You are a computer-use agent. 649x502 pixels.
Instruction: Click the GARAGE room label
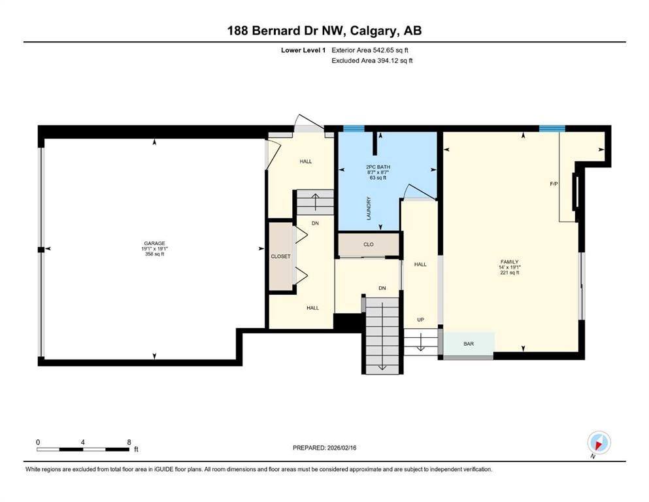pyautogui.click(x=155, y=243)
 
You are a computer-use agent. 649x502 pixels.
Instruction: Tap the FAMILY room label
pyautogui.click(x=509, y=261)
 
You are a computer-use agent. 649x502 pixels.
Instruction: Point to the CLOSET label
pyautogui.click(x=280, y=256)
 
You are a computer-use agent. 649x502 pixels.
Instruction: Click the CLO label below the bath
pyautogui.click(x=368, y=245)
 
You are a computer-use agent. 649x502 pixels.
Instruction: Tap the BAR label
pyautogui.click(x=469, y=343)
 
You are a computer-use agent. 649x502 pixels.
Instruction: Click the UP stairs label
pyautogui.click(x=420, y=320)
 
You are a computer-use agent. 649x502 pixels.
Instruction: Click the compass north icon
pyautogui.click(x=599, y=442)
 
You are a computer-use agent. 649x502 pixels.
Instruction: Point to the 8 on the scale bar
pyautogui.click(x=129, y=442)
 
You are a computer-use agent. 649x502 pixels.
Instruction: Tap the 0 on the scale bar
pyautogui.click(x=38, y=442)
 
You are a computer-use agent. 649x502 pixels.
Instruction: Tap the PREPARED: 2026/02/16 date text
pyautogui.click(x=324, y=448)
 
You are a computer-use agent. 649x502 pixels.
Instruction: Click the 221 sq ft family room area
pyautogui.click(x=509, y=273)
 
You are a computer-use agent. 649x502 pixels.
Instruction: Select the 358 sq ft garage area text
pyautogui.click(x=155, y=254)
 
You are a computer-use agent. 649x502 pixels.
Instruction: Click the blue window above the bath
pyautogui.click(x=354, y=128)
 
